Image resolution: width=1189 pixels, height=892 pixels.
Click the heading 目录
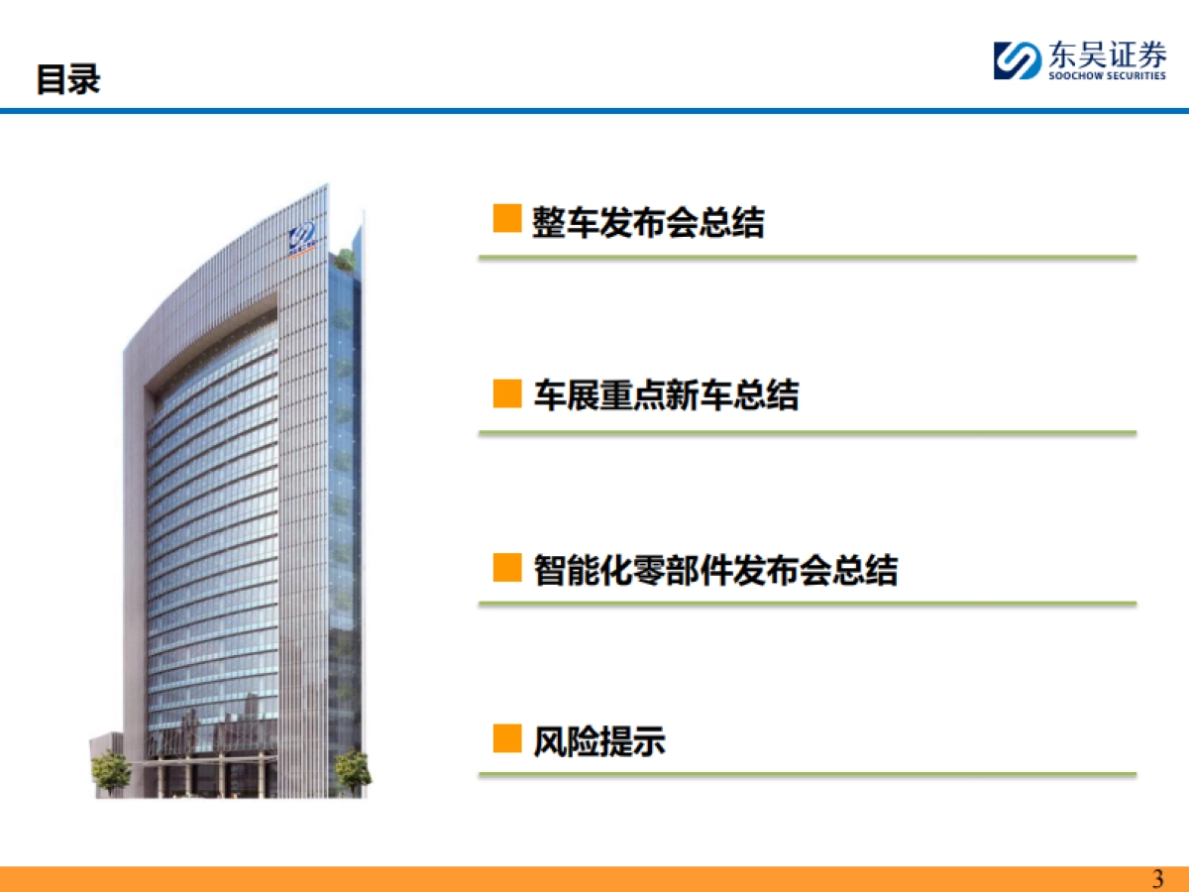(x=68, y=79)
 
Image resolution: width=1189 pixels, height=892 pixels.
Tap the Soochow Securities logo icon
(x=1017, y=59)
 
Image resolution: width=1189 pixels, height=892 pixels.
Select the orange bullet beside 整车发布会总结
(x=507, y=219)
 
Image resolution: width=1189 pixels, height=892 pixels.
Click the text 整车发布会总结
(x=648, y=223)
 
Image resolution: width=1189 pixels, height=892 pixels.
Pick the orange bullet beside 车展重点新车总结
(x=507, y=394)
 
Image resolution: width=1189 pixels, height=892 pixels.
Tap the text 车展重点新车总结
(x=666, y=396)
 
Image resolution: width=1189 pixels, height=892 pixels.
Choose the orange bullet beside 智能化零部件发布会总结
(x=507, y=568)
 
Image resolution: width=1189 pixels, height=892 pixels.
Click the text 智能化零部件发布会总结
(x=715, y=571)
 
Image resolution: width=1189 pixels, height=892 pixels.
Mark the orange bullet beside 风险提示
(x=507, y=738)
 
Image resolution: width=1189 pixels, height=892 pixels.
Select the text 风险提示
(x=599, y=741)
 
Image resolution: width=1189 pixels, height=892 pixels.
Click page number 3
(x=1157, y=879)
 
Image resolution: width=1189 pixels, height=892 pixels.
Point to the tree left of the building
(x=111, y=771)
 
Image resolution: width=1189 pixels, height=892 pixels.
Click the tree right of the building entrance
(x=351, y=769)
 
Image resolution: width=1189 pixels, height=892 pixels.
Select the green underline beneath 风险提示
(x=807, y=774)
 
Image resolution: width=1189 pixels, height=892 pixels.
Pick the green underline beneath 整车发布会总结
(x=807, y=258)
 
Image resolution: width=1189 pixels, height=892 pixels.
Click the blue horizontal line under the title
(x=594, y=111)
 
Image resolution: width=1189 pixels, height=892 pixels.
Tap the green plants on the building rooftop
(x=345, y=261)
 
